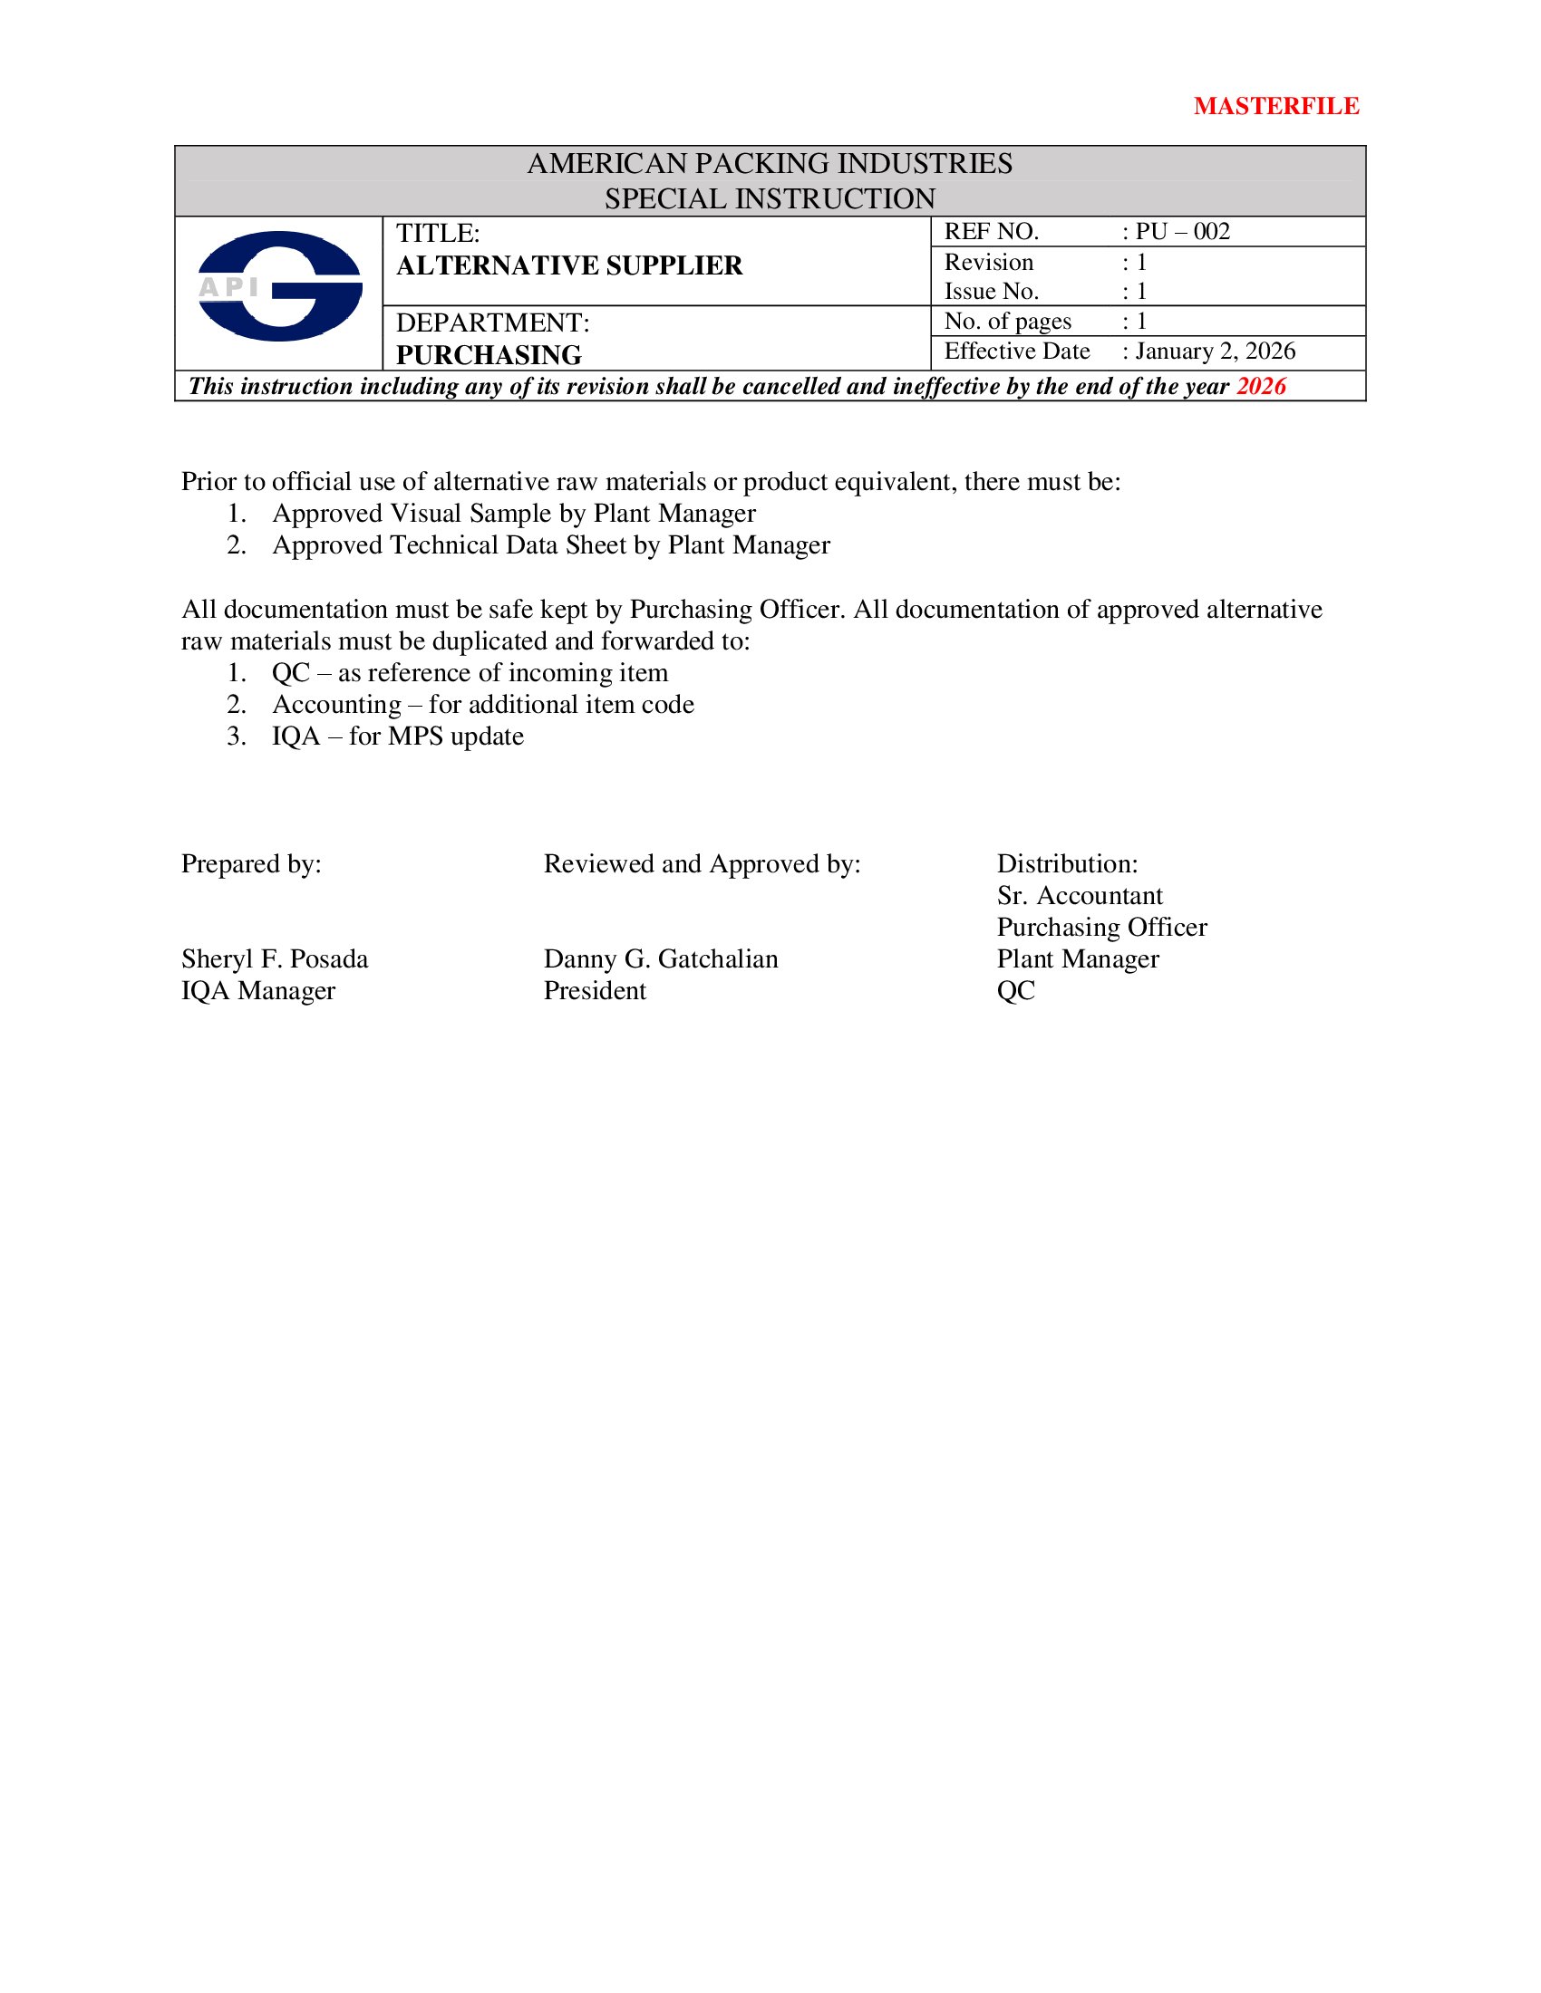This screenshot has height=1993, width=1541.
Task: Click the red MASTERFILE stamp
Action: click(1275, 107)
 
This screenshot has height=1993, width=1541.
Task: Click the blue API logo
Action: click(279, 286)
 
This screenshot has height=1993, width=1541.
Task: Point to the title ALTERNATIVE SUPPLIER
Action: click(568, 265)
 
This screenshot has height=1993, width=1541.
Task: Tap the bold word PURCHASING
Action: click(489, 355)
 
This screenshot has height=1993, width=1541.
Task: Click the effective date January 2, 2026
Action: click(1214, 351)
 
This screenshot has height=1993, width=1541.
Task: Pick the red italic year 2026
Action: click(1261, 386)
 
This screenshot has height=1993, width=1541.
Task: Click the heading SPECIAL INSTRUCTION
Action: click(770, 198)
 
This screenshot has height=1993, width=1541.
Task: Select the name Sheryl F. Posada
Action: click(275, 958)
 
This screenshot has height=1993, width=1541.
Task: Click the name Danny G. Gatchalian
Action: click(660, 958)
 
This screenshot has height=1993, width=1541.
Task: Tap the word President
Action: click(595, 990)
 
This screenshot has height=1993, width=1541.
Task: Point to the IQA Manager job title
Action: click(258, 990)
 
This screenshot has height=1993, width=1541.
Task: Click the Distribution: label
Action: click(1066, 863)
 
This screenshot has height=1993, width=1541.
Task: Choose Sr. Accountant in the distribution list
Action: click(1079, 895)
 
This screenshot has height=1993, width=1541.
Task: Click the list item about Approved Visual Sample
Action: click(513, 513)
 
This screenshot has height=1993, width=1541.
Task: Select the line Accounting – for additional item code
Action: click(482, 705)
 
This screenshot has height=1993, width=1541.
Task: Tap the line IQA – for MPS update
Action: click(397, 737)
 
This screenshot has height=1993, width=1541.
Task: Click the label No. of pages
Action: click(1007, 322)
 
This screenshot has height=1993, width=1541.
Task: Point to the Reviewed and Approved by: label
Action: click(701, 863)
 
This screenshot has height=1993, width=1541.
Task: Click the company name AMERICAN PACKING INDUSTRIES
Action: click(770, 163)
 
